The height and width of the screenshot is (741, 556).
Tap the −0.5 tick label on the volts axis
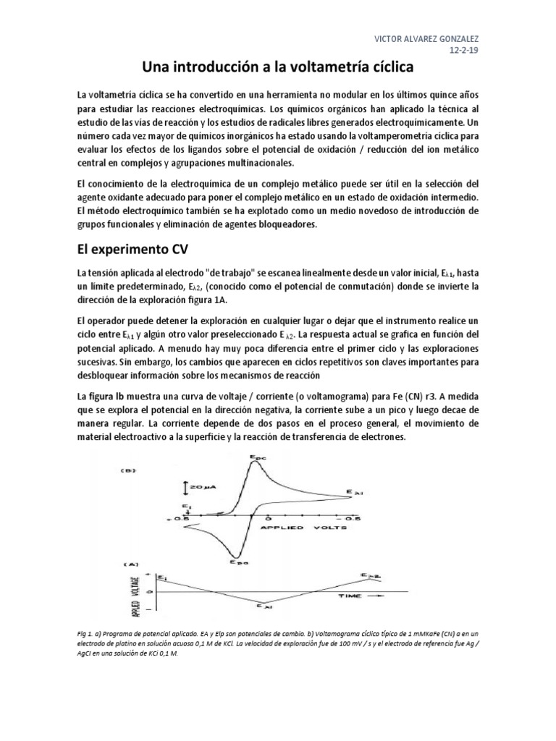tap(351, 519)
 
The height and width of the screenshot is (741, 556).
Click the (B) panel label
tap(130, 471)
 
